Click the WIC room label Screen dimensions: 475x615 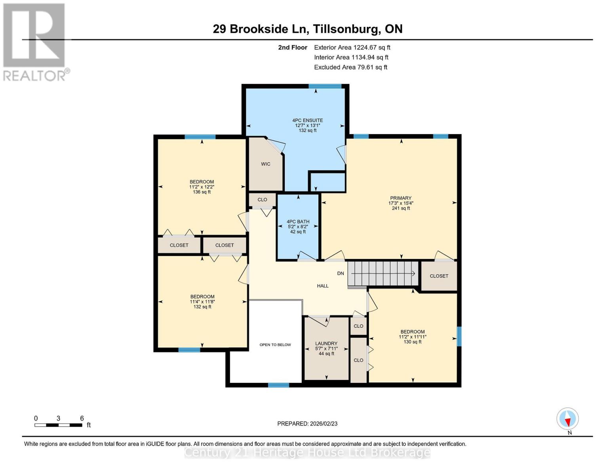pos(265,164)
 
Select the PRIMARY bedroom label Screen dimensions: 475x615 pos(401,198)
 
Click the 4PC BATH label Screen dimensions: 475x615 pos(298,222)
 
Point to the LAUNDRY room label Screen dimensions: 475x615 pos(326,344)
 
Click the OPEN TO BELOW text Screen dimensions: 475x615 pos(275,345)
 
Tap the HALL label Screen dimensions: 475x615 pos(322,286)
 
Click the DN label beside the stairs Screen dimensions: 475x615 pos(340,274)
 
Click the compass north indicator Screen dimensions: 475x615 pos(567,419)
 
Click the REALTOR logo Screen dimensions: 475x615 pos(34,42)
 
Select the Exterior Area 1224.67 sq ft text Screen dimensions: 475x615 pos(352,47)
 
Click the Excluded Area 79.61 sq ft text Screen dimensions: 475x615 pos(350,67)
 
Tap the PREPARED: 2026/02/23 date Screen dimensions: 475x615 pos(307,424)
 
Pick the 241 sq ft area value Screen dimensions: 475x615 pos(401,208)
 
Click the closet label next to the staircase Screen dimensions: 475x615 pos(439,276)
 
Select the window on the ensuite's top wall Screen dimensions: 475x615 pos(325,86)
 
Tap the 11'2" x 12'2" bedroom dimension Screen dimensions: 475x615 pos(202,187)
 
